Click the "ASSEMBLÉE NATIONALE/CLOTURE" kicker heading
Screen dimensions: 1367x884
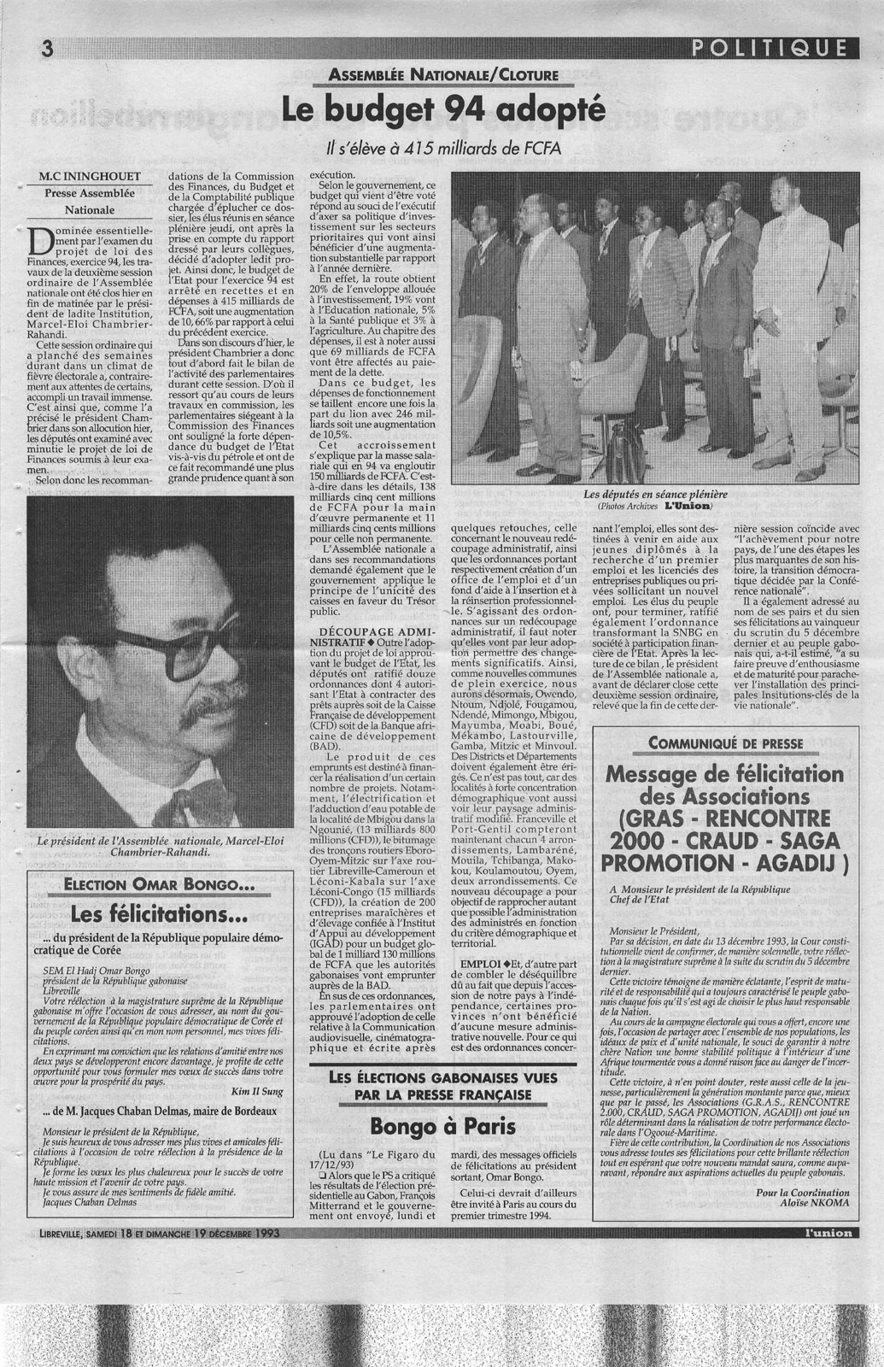coord(443,75)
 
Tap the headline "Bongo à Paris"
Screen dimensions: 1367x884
coord(443,1126)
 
